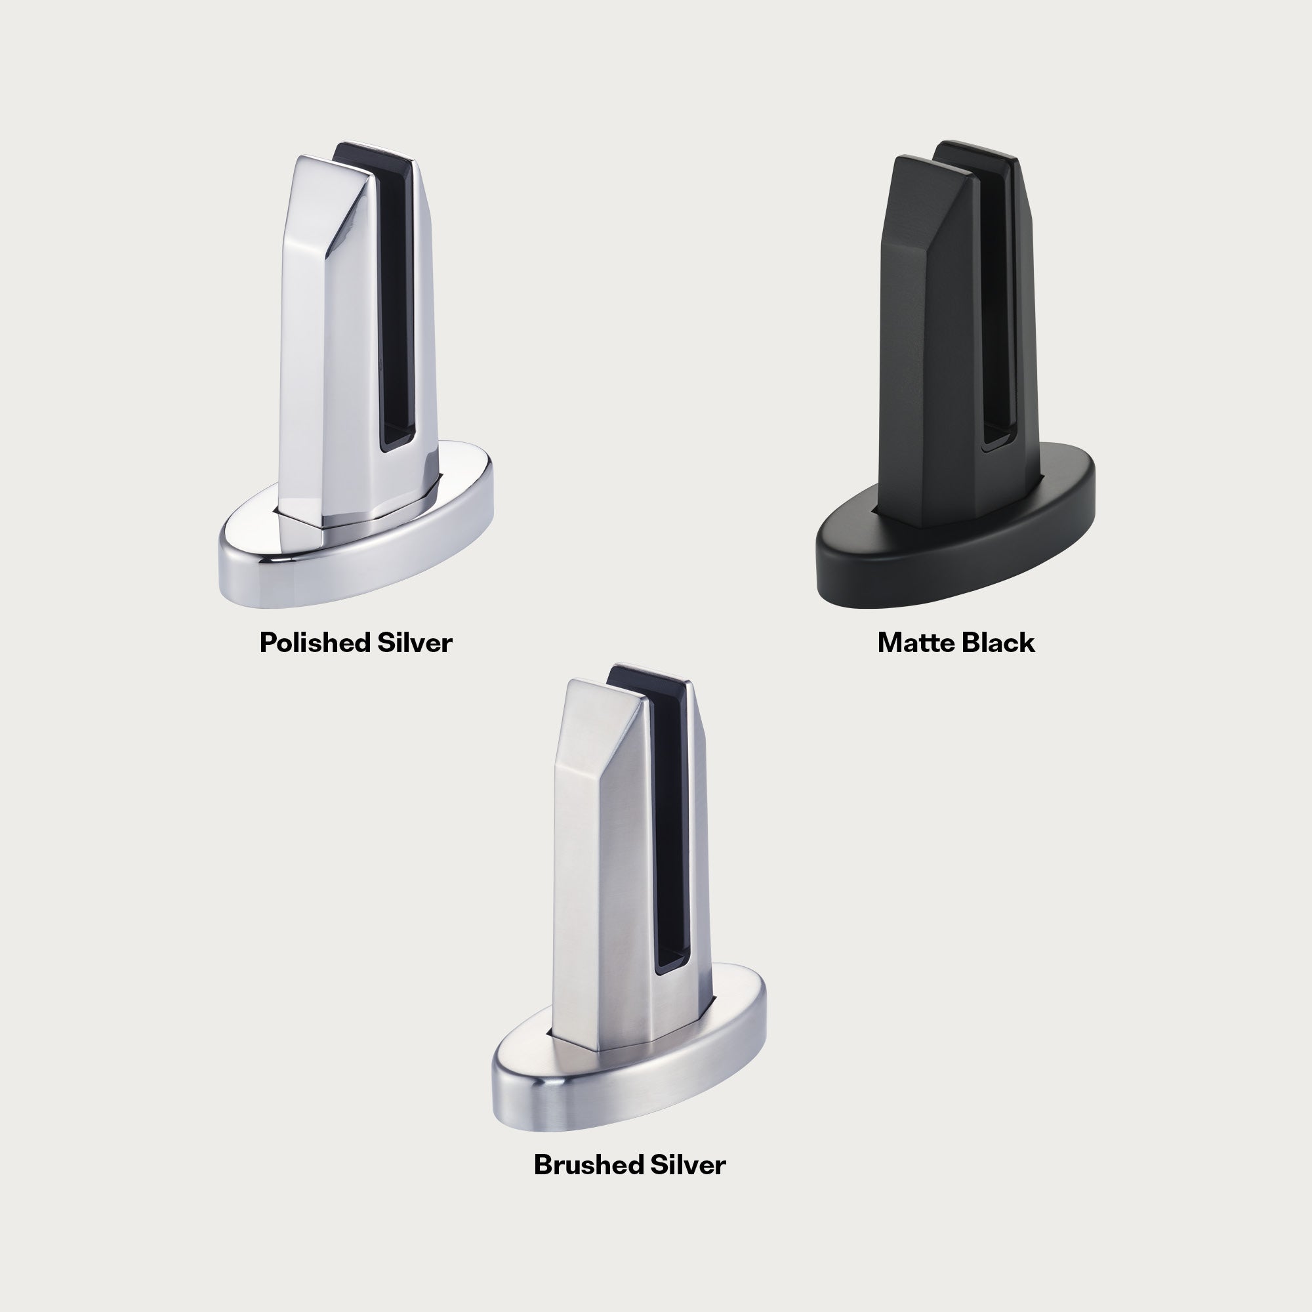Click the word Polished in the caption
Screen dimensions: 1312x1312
[314, 643]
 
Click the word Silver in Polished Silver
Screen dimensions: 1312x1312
[415, 642]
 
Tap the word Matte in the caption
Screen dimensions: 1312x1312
[912, 643]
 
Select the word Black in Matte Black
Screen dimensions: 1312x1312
[995, 643]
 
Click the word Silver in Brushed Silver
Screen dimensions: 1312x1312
[689, 1164]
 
